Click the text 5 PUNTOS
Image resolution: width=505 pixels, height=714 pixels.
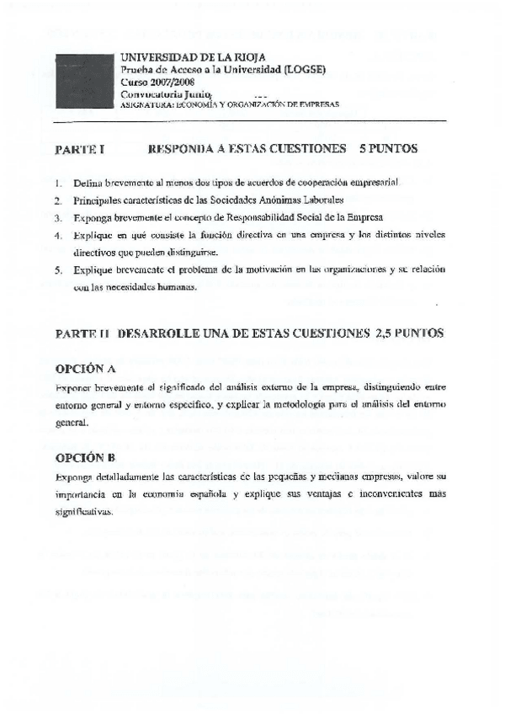388,149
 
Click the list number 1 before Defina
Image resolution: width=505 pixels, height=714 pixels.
58,182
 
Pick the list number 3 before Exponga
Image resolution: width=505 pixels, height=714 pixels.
58,217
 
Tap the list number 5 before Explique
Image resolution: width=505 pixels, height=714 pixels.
58,270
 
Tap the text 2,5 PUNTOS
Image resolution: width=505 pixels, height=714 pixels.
409,333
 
